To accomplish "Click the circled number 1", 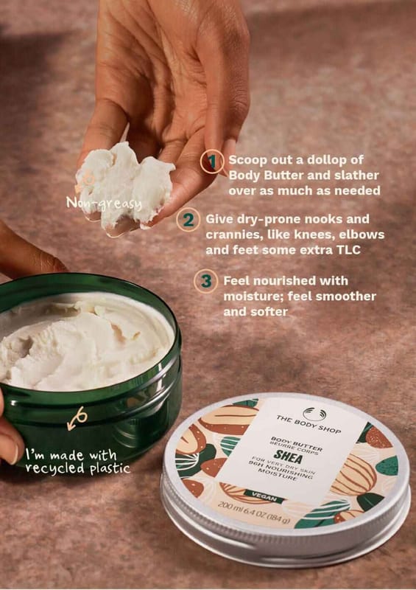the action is pyautogui.click(x=212, y=162).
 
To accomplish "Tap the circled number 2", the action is pyautogui.click(x=188, y=219).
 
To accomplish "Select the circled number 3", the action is pyautogui.click(x=206, y=281).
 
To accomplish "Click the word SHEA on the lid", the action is pyautogui.click(x=288, y=457).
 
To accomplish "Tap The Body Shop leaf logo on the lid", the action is pyautogui.click(x=314, y=414).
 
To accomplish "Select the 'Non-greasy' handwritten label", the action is pyautogui.click(x=104, y=204).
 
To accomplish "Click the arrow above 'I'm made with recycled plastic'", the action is pyautogui.click(x=77, y=418).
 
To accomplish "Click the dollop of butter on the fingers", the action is pyautogui.click(x=124, y=186).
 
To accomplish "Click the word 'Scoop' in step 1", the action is pyautogui.click(x=247, y=160).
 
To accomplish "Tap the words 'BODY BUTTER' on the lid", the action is pyautogui.click(x=297, y=443).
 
